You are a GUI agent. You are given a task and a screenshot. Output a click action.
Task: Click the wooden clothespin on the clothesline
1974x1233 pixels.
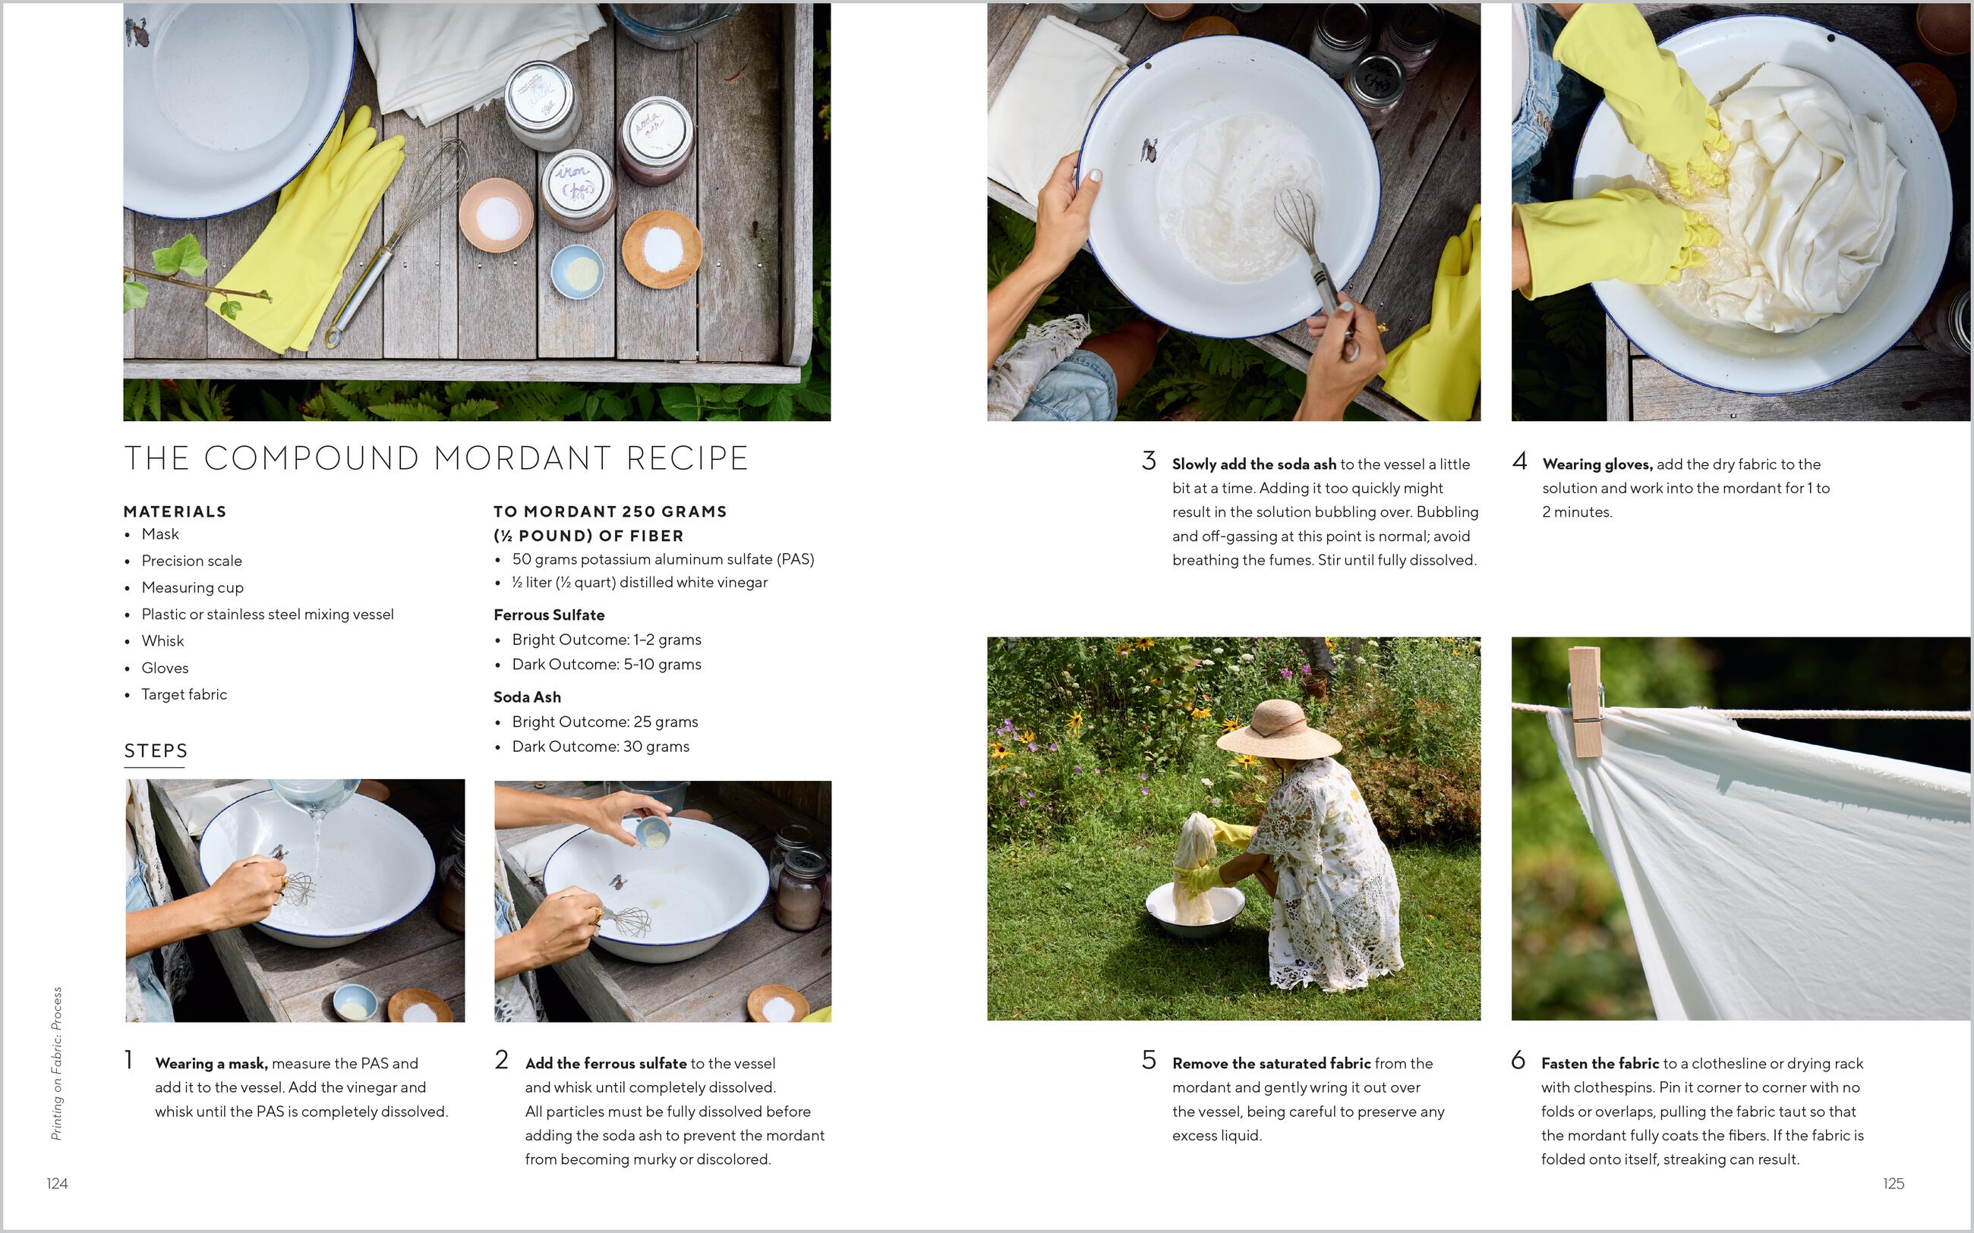pos(1586,701)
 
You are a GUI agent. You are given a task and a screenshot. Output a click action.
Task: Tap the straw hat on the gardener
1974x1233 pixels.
pos(1279,730)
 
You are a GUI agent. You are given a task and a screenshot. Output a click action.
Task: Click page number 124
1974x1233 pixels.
pos(57,1183)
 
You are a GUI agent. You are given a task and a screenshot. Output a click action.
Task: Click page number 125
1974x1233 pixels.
pos(1894,1183)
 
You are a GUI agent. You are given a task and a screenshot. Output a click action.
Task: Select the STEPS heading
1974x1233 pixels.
pos(156,750)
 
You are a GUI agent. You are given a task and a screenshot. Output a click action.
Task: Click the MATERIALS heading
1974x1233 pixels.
pos(175,511)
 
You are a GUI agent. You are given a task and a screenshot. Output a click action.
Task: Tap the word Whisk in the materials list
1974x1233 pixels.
pos(162,641)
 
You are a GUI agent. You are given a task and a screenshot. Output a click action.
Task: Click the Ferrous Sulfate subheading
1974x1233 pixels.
pos(549,615)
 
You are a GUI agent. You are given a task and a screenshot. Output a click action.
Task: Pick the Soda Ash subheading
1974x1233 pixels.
pos(527,697)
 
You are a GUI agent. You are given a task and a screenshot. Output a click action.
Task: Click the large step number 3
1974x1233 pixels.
pos(1149,461)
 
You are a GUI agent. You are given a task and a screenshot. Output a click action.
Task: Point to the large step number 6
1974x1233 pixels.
pos(1518,1060)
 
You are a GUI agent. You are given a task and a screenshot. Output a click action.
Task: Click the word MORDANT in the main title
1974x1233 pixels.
pos(522,458)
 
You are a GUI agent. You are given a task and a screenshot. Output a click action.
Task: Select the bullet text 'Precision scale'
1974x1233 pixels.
pos(191,561)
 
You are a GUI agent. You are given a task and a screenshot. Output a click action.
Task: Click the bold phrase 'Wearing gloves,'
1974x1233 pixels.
pos(1597,464)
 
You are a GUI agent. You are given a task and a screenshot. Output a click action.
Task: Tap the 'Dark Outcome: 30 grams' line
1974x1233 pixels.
pos(601,746)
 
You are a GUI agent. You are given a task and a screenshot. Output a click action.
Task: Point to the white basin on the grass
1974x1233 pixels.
pos(1195,910)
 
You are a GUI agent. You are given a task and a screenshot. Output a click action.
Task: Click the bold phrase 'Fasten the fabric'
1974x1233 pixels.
pos(1600,1063)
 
